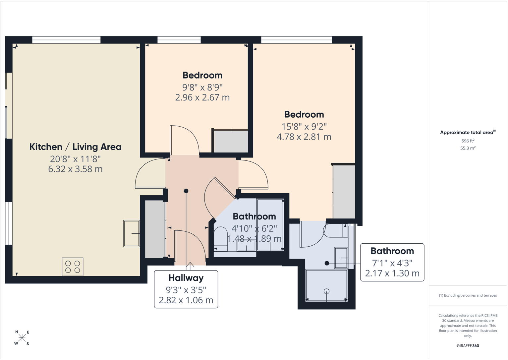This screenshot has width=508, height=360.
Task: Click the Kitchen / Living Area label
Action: pyautogui.click(x=75, y=147)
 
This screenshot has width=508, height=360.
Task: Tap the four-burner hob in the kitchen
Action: pyautogui.click(x=73, y=267)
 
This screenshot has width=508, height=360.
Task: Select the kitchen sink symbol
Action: pyautogui.click(x=131, y=233)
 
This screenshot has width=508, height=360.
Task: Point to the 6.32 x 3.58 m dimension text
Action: pyautogui.click(x=75, y=169)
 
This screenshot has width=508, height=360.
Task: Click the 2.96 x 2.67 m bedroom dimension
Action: pyautogui.click(x=202, y=97)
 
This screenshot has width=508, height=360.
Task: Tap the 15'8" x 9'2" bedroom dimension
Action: pyautogui.click(x=304, y=127)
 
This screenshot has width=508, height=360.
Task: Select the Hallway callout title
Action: pyautogui.click(x=186, y=278)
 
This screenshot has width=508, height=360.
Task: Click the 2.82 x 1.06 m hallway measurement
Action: pyautogui.click(x=186, y=300)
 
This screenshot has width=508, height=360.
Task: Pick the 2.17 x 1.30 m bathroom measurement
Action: pyautogui.click(x=392, y=273)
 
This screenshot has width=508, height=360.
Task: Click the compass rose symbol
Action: pyautogui.click(x=22, y=338)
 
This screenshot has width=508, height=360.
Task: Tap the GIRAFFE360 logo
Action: pyautogui.click(x=468, y=346)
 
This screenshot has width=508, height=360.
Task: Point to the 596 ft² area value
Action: pyautogui.click(x=468, y=141)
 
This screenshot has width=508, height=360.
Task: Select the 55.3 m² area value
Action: pyautogui.click(x=468, y=148)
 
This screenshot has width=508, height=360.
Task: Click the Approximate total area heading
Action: pyautogui.click(x=468, y=133)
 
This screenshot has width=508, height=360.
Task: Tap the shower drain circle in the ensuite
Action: pyautogui.click(x=327, y=291)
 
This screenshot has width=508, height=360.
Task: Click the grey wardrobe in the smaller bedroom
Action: pyautogui.click(x=231, y=142)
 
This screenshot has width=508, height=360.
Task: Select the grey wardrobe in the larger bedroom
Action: pyautogui.click(x=344, y=192)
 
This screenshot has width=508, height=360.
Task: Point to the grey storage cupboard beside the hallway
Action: pyautogui.click(x=155, y=229)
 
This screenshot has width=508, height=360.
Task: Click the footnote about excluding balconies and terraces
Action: pyautogui.click(x=468, y=295)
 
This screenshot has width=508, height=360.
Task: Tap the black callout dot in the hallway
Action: pyautogui.click(x=186, y=191)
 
